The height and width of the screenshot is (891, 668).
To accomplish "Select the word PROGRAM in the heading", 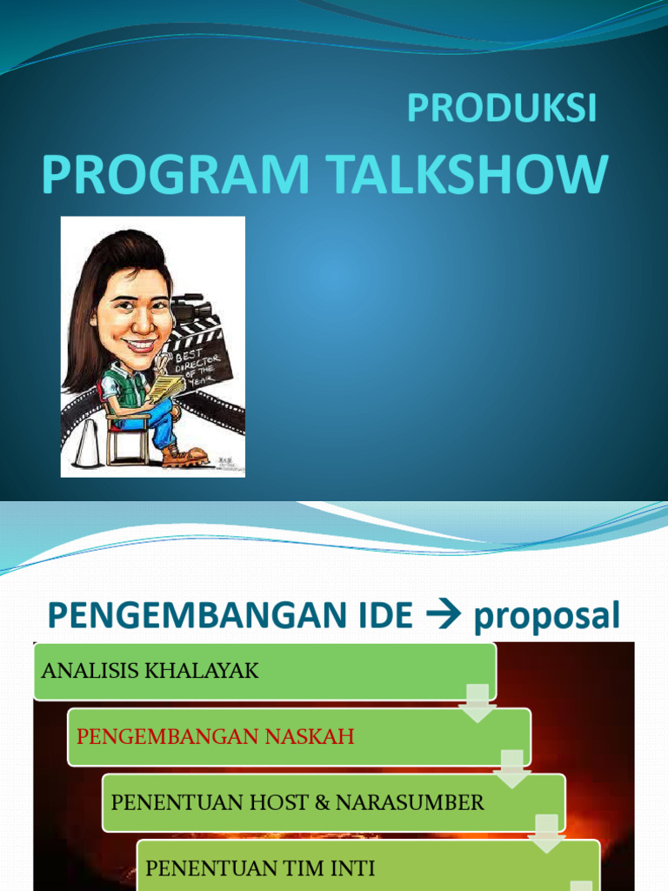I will (x=175, y=174).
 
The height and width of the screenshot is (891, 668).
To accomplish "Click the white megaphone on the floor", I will (x=84, y=443).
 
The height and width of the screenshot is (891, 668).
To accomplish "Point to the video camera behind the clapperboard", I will (x=190, y=309).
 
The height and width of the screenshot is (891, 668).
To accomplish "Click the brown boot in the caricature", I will (x=185, y=455).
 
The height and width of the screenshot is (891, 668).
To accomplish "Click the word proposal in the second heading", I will (x=547, y=616).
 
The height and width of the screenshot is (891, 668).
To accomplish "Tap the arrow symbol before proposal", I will (x=443, y=616).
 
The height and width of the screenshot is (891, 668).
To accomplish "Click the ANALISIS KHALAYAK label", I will (x=150, y=671).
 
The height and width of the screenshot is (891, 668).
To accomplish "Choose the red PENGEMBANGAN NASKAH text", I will (x=216, y=737).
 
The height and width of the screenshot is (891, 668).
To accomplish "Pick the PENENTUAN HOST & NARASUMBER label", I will (x=297, y=802).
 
